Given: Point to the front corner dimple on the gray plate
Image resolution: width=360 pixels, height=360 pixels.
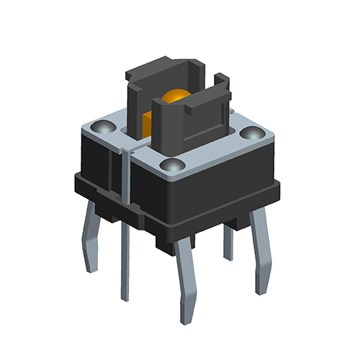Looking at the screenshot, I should pyautogui.click(x=171, y=167).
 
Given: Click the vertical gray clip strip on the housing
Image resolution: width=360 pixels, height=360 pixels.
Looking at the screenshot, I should pyautogui.click(x=124, y=176).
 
